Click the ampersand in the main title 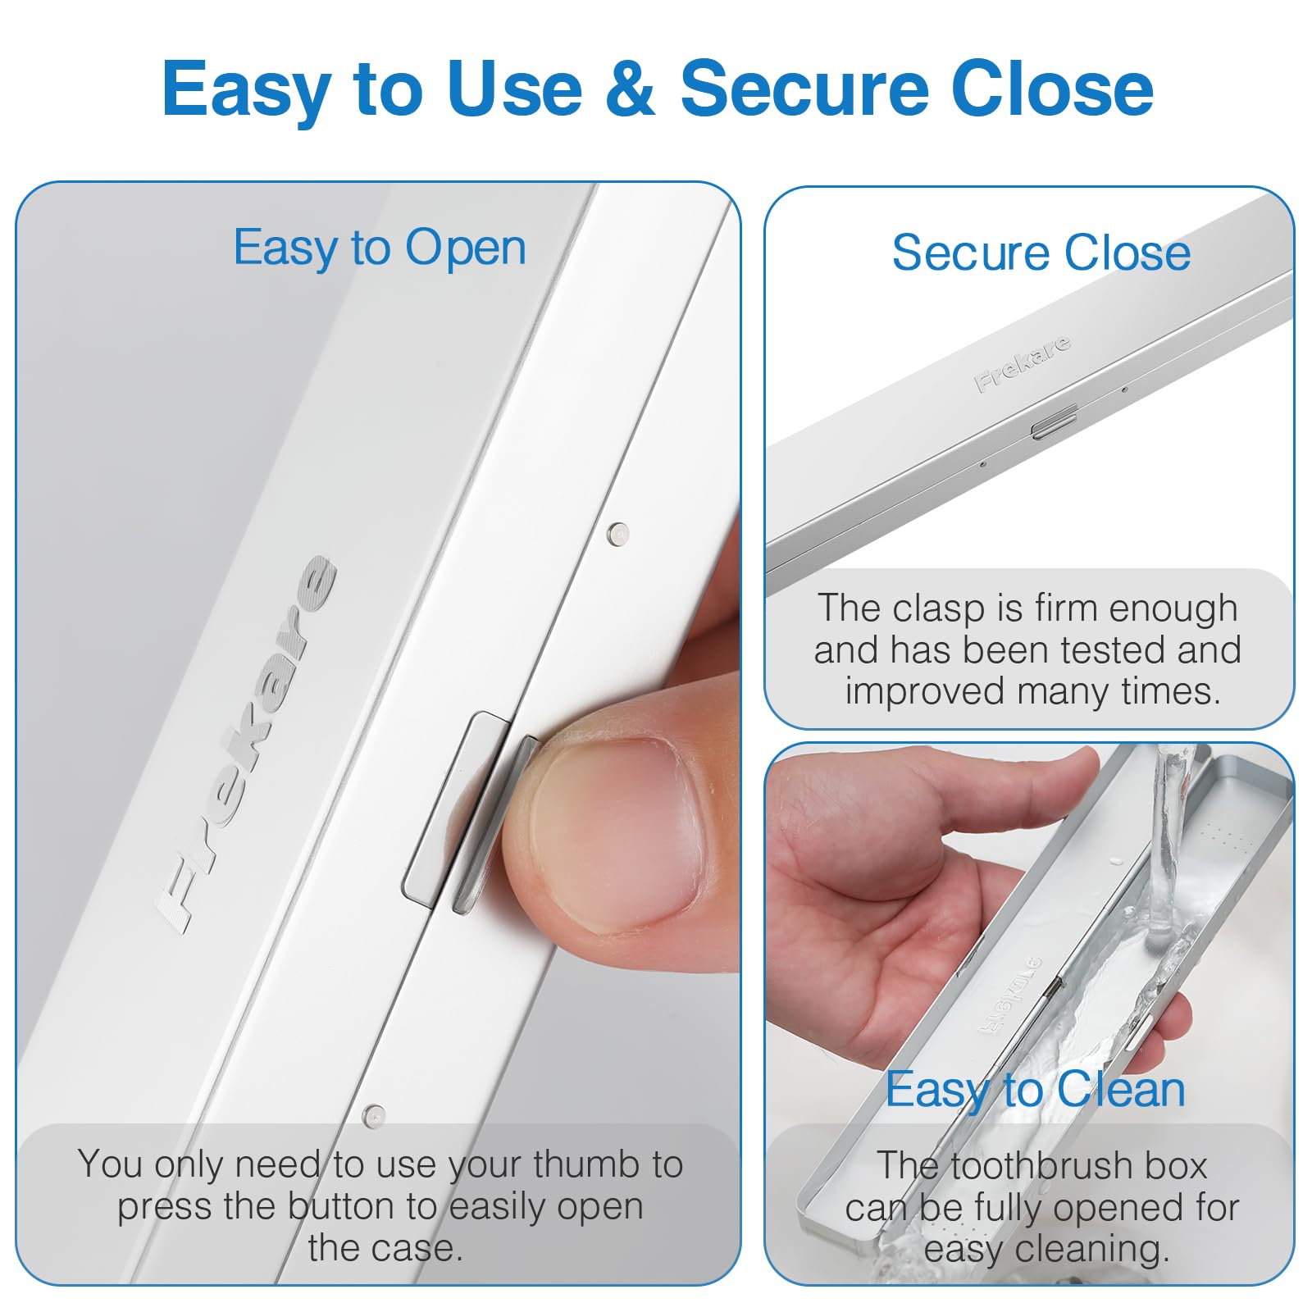[x=631, y=89]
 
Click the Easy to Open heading [x=380, y=248]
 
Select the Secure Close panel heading [x=1041, y=252]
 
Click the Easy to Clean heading [x=1036, y=1091]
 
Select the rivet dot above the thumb [x=617, y=534]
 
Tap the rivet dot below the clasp [x=374, y=1115]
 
